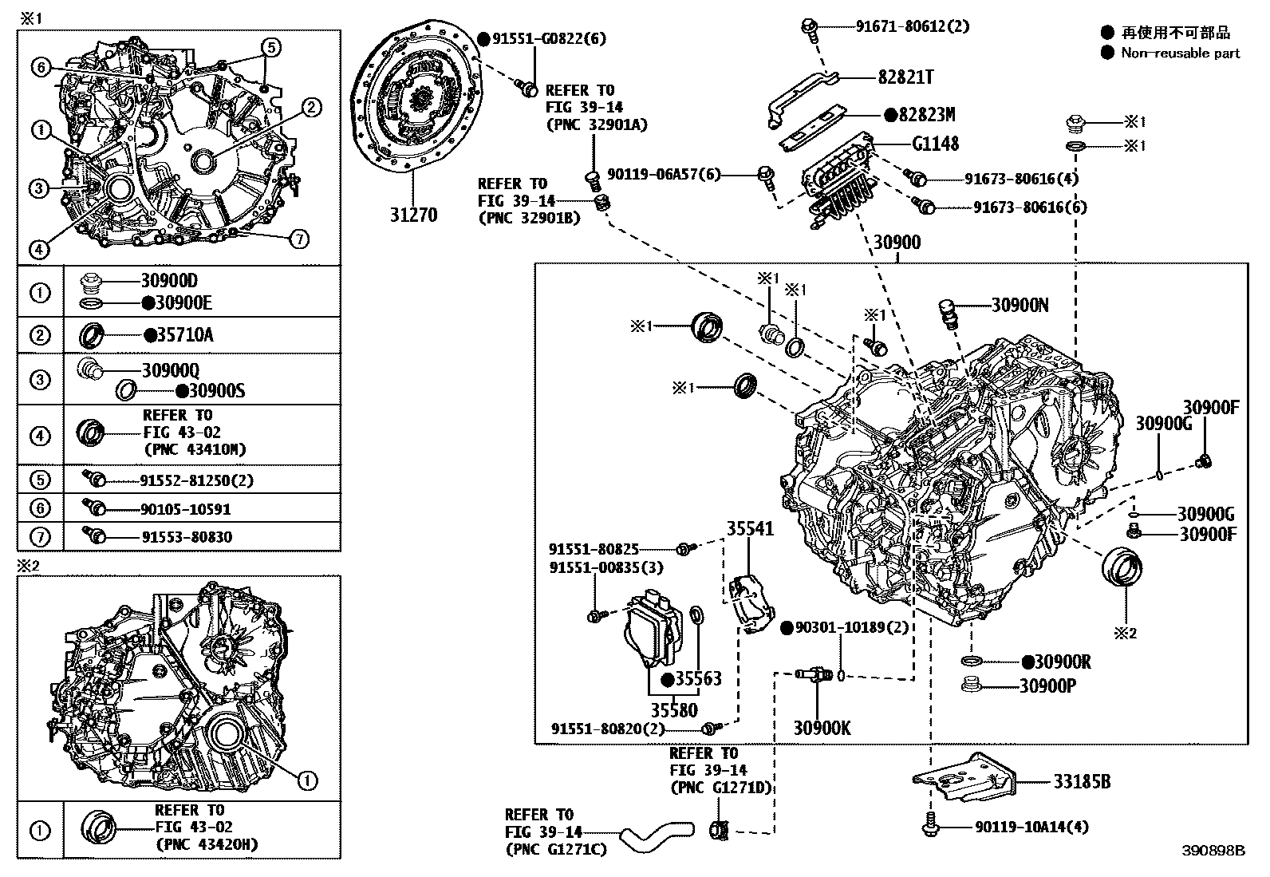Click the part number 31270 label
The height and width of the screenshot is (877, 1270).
click(415, 215)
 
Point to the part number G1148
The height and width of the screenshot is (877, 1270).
click(935, 144)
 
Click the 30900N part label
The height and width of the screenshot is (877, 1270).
click(1020, 305)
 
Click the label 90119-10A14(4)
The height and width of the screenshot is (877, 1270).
click(1031, 828)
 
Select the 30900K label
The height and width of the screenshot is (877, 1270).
click(821, 727)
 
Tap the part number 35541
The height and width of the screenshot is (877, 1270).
click(749, 528)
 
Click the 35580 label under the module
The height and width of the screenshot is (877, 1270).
click(673, 709)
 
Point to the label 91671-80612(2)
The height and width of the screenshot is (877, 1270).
click(913, 26)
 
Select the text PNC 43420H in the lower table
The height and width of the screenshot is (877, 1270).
click(207, 844)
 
